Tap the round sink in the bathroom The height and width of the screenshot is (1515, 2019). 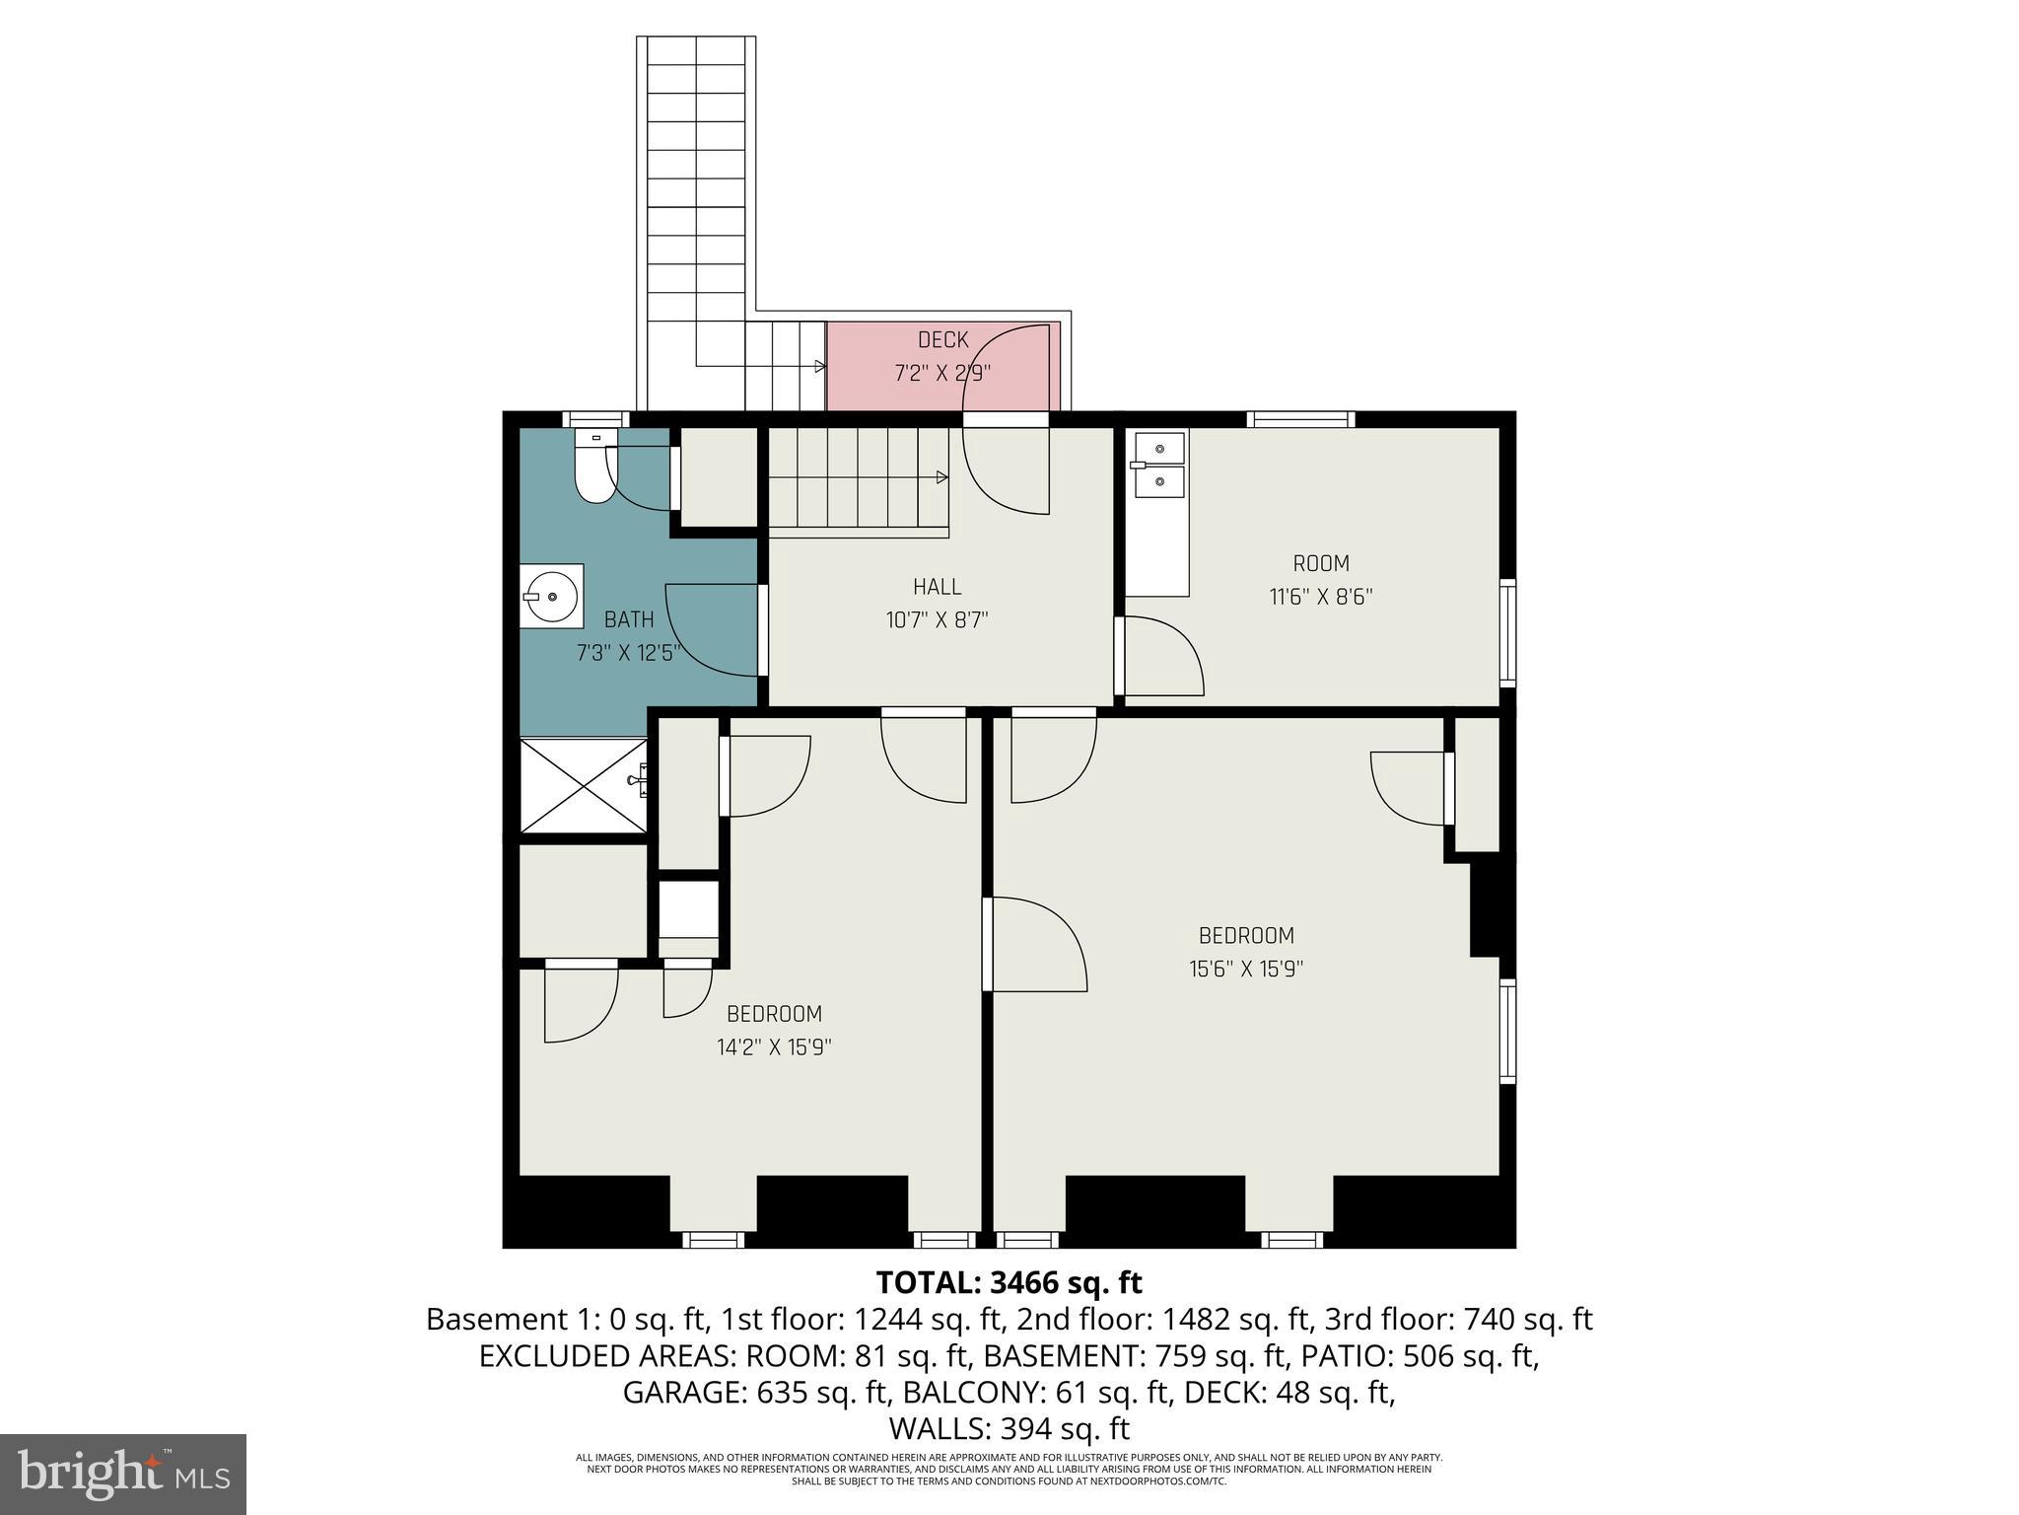point(552,596)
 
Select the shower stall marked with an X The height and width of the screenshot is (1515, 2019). point(582,785)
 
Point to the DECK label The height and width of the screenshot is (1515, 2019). point(943,340)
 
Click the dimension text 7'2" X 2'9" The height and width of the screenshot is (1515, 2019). point(941,374)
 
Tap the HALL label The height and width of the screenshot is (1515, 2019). point(937,587)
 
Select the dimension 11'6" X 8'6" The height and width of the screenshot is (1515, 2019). point(1320,597)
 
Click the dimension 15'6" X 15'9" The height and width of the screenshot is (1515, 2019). point(1246,969)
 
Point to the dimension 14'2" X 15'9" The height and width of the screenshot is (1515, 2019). point(774,1047)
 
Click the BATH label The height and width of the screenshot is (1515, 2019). point(629,619)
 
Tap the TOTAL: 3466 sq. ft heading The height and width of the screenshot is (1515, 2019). point(1009,1283)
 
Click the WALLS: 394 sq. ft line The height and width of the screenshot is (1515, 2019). point(1009,1428)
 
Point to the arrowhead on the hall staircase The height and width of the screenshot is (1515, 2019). point(941,477)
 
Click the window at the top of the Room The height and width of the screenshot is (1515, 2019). point(1300,419)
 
